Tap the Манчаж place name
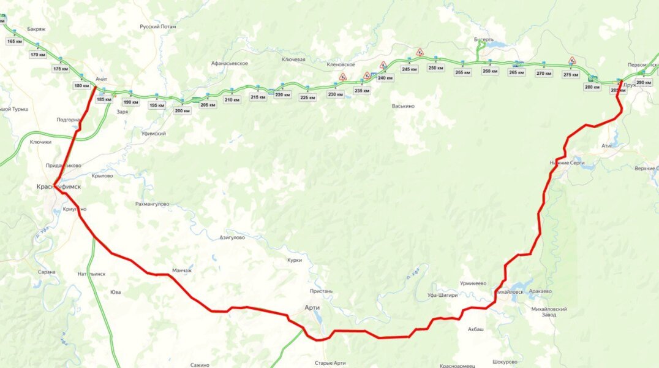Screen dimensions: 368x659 tap(182, 270)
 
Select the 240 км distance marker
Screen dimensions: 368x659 tap(385, 78)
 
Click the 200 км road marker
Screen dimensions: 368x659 tap(183, 111)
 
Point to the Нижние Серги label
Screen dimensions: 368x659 tap(568, 163)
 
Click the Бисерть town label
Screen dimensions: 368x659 tap(483, 40)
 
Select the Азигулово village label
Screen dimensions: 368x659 tap(232, 237)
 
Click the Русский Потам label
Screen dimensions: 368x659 tap(157, 27)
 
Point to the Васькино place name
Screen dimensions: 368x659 tap(403, 106)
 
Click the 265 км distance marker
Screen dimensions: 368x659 tap(516, 72)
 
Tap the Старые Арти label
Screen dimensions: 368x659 tap(330, 363)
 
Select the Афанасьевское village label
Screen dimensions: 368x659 tap(229, 63)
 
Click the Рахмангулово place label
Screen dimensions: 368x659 tap(153, 204)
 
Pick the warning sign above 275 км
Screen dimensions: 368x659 tap(572, 61)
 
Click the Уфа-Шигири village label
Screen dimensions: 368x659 tap(442, 295)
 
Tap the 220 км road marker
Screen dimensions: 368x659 tap(282, 94)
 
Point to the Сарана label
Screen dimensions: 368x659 tap(46, 272)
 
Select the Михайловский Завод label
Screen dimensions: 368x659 tap(549, 312)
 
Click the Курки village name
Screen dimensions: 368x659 tap(294, 260)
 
